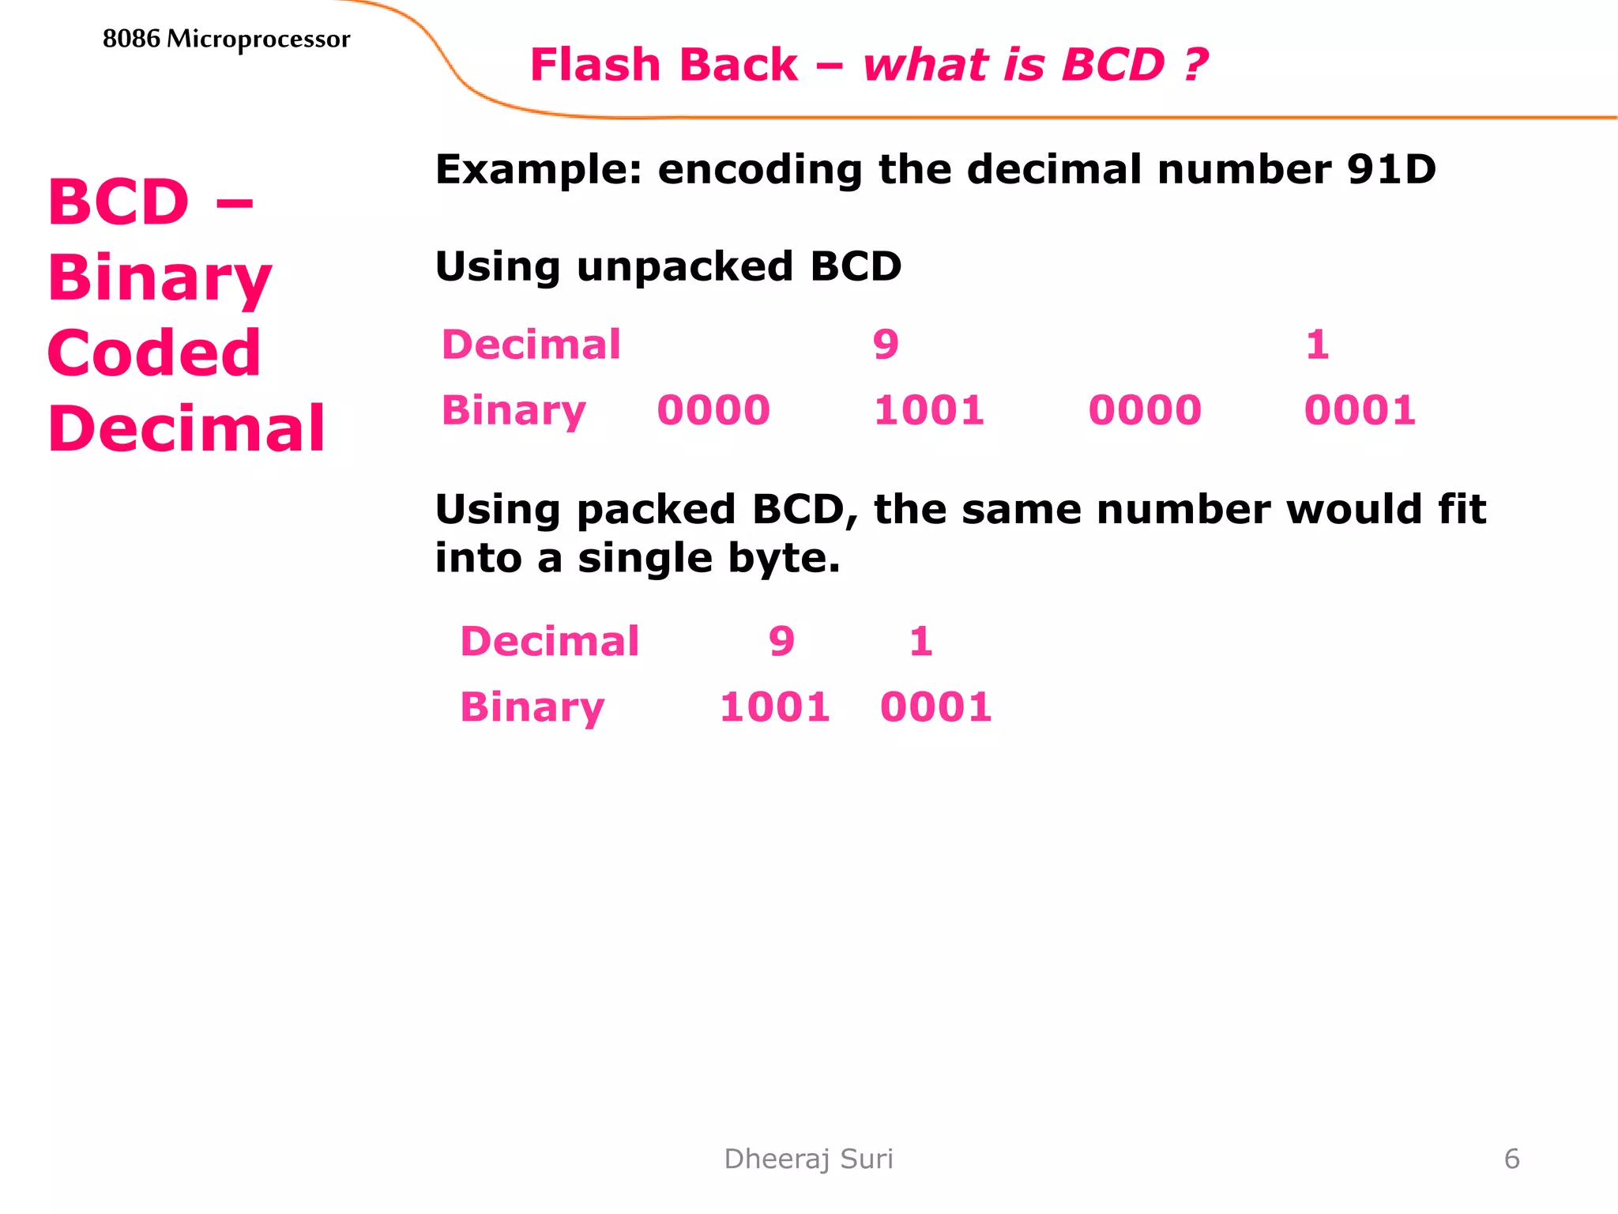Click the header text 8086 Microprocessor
(x=226, y=39)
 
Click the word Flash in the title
(x=594, y=65)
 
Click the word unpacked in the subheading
(x=684, y=266)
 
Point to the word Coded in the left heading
(x=154, y=353)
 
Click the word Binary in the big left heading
(x=160, y=278)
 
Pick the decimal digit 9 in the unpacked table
(x=886, y=345)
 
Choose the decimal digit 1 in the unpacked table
(x=1317, y=345)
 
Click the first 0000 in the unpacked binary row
(x=713, y=411)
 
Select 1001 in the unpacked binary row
(x=929, y=411)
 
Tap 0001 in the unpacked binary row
(x=1360, y=411)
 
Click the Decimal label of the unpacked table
(x=531, y=345)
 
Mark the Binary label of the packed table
(x=532, y=707)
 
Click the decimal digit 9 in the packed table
(x=781, y=642)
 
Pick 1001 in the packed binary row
(x=774, y=707)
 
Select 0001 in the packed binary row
(x=935, y=707)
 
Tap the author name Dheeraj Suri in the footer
(x=808, y=1159)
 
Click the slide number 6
(x=1511, y=1159)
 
